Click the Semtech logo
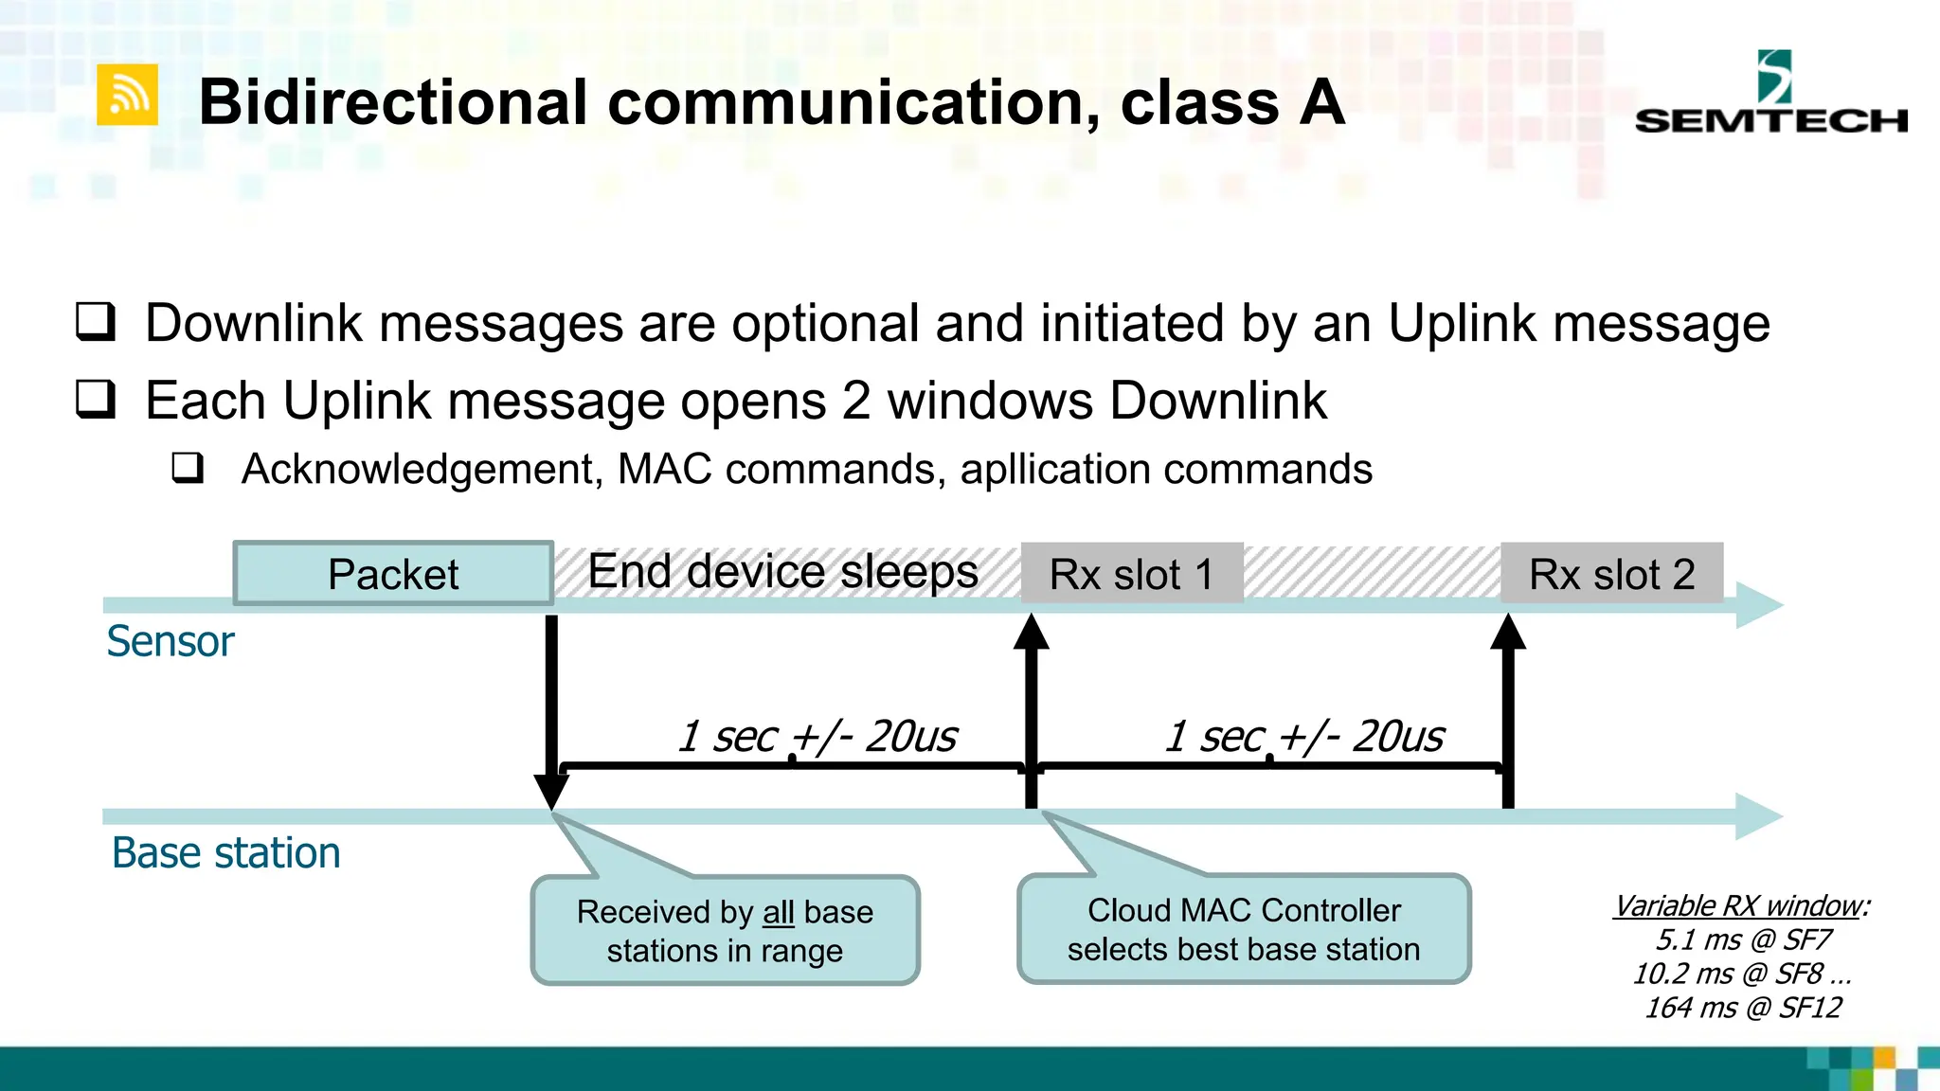[x=1770, y=95]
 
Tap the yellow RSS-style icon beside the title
[x=127, y=95]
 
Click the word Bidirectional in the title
[x=393, y=102]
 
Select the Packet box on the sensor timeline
[x=393, y=574]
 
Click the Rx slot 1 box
[x=1131, y=574]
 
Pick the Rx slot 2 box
[x=1611, y=574]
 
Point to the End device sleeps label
[x=782, y=572]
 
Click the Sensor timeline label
[x=171, y=641]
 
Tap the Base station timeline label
[x=225, y=852]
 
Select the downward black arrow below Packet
[x=551, y=710]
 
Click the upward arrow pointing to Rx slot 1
[x=1032, y=710]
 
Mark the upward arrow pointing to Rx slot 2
[x=1508, y=710]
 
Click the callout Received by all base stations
[x=725, y=930]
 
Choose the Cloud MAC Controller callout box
[x=1244, y=929]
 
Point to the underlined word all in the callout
[x=779, y=912]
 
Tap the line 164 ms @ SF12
[x=1743, y=1008]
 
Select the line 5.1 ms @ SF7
[x=1743, y=939]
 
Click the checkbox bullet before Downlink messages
[x=96, y=322]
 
